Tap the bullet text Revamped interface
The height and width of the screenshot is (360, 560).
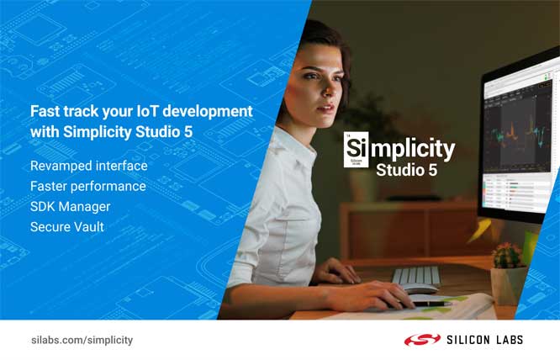coord(88,166)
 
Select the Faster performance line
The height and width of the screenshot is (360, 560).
coord(87,186)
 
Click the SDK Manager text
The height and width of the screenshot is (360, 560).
coord(70,206)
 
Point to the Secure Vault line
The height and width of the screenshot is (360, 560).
coord(67,226)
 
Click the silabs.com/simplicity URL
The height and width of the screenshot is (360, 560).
coord(82,340)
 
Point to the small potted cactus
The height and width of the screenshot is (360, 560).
coord(506,256)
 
